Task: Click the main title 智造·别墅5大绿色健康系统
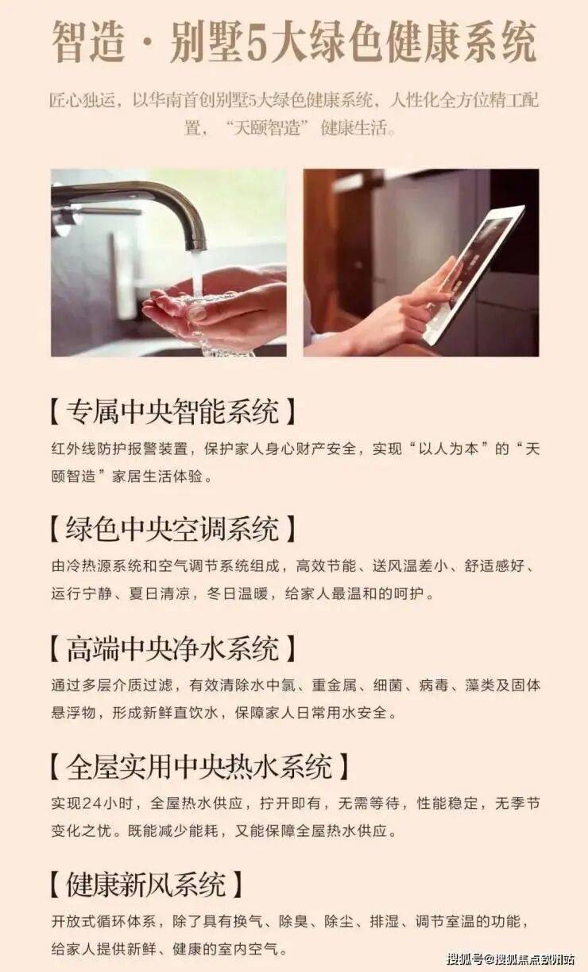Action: point(294,42)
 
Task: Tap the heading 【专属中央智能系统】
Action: point(172,411)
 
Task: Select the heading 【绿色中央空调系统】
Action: point(172,529)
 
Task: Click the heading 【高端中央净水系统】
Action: point(172,649)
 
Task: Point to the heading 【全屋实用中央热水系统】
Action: point(199,766)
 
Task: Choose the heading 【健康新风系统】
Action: point(145,885)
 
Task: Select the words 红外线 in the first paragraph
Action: point(74,449)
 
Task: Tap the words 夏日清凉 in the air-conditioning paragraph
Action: point(159,593)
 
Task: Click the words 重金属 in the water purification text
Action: point(335,685)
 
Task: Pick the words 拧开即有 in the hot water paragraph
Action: point(290,803)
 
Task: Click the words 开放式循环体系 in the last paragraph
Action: point(103,921)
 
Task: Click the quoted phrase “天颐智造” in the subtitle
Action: point(267,127)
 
